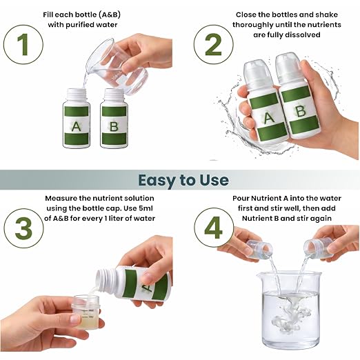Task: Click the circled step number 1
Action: [x=23, y=44]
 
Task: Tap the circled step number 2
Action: [x=213, y=44]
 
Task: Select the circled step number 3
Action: [x=23, y=228]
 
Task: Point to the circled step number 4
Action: [x=214, y=228]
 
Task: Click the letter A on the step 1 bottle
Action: [x=76, y=127]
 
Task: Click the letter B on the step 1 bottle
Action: [x=114, y=127]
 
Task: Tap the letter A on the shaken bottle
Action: [x=268, y=118]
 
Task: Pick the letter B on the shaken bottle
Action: [x=300, y=111]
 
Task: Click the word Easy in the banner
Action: [x=157, y=180]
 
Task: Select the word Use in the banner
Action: [x=214, y=180]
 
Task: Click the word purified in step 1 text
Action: [x=80, y=25]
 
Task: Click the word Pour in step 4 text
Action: [x=241, y=199]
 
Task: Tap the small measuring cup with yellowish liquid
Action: [x=85, y=312]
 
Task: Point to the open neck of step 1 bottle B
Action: [x=113, y=95]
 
